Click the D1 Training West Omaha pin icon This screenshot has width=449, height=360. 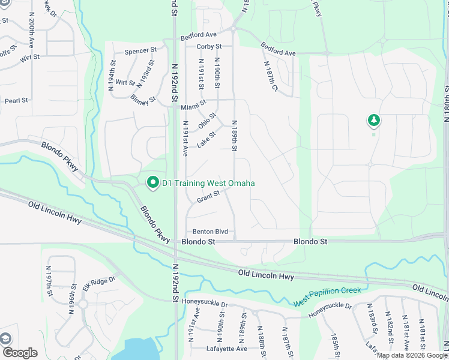(x=152, y=183)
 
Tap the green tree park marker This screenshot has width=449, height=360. (x=373, y=121)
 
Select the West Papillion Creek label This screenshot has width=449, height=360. (x=327, y=297)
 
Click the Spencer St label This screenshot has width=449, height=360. (x=140, y=52)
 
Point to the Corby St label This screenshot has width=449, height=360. (x=209, y=46)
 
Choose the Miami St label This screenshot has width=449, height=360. (x=194, y=107)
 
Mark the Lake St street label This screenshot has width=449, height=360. (x=206, y=140)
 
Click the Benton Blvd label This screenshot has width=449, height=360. (x=210, y=232)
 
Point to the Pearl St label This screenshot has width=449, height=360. (x=16, y=100)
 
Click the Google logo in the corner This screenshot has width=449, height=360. (x=20, y=353)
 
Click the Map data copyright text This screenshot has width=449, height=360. (x=412, y=355)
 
